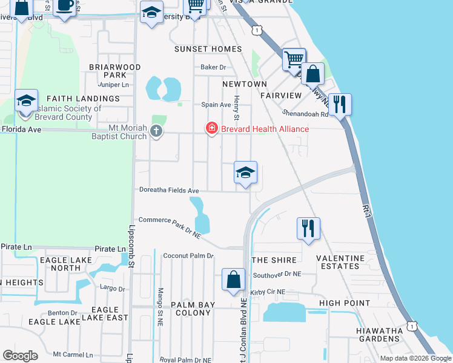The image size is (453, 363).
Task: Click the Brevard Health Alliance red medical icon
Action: click(211, 128)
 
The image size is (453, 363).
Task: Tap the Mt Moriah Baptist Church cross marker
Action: click(156, 131)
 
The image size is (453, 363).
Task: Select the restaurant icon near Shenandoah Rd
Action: click(339, 105)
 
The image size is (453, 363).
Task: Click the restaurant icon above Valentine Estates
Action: click(308, 229)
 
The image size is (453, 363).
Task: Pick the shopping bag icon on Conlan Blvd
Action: click(233, 280)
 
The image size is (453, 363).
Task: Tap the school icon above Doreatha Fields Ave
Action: click(245, 173)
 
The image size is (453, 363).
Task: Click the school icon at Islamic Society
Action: click(26, 101)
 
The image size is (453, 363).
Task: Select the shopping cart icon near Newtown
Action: click(294, 59)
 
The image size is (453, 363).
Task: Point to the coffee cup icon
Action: click(65, 6)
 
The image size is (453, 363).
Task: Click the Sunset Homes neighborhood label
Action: click(208, 48)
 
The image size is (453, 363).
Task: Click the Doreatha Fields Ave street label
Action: click(169, 190)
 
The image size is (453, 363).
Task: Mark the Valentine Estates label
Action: click(340, 262)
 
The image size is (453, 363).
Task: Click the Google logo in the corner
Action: click(20, 356)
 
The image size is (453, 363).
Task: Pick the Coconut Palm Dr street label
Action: click(188, 255)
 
